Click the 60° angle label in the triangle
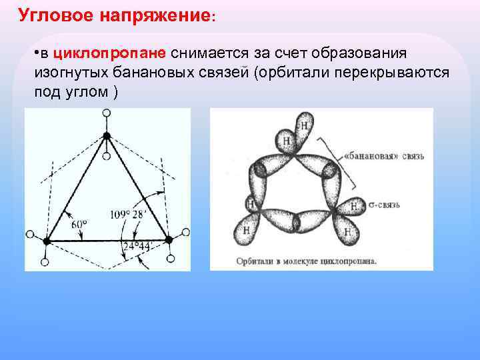click(78, 225)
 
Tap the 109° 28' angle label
click(128, 215)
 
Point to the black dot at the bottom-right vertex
click(168, 239)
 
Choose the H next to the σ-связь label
click(354, 205)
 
